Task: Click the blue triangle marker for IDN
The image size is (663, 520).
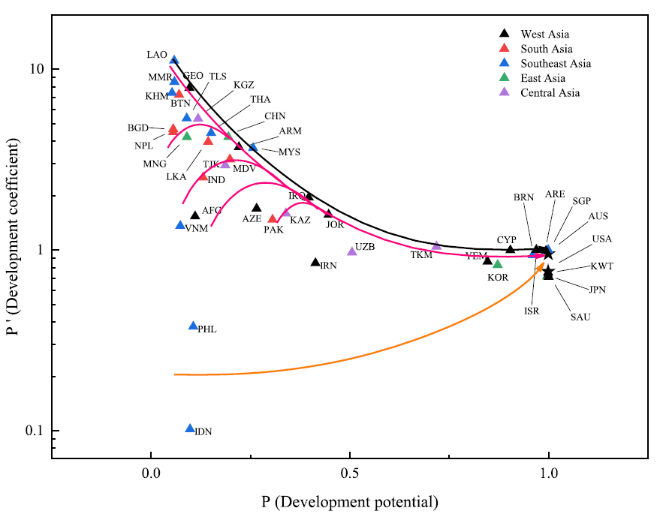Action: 190,428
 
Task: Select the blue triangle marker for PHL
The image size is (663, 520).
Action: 193,326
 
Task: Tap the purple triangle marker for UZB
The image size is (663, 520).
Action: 352,251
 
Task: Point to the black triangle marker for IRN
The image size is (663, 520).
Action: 315,262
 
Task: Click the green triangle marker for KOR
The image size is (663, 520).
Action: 497,263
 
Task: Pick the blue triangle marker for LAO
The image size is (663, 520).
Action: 173,60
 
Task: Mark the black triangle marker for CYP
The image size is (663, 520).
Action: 511,249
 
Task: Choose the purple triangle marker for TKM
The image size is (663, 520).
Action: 436,245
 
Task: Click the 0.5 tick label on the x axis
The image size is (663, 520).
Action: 349,474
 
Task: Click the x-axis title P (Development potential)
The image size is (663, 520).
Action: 349,501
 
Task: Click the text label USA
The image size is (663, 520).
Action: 601,239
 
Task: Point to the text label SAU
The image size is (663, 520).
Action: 580,317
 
